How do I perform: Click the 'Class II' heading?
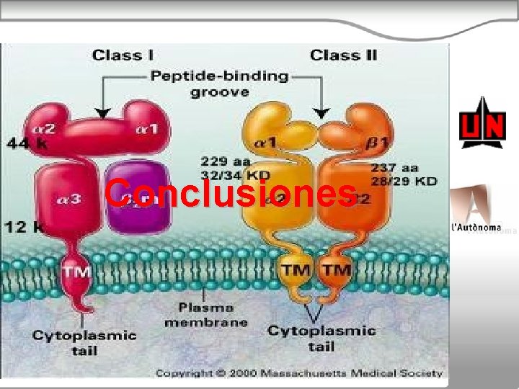(x=342, y=55)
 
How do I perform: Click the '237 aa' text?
(x=394, y=167)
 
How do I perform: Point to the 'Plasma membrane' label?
(x=205, y=314)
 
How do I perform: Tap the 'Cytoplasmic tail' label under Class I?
(x=84, y=342)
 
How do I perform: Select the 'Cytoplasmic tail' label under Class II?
(x=321, y=337)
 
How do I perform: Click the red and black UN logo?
(x=482, y=124)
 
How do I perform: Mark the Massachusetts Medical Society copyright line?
(x=298, y=372)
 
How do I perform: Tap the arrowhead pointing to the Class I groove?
(x=103, y=112)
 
